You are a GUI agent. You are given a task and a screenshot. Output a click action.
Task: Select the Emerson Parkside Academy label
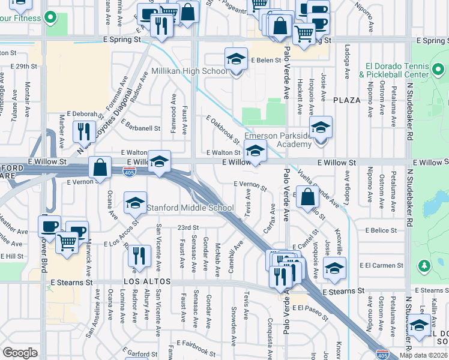pos(278,136)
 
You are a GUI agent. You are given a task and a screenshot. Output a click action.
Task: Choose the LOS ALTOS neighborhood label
pos(148,281)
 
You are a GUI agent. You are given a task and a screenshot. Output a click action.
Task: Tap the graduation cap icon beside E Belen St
pos(237,59)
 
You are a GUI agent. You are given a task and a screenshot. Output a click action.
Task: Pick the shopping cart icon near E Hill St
pos(67,243)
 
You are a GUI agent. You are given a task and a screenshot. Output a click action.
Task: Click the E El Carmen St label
pos(382,265)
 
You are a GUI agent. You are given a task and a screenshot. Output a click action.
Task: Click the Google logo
pos(20,353)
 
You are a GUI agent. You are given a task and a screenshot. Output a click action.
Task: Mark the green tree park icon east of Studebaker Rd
pos(424,265)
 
